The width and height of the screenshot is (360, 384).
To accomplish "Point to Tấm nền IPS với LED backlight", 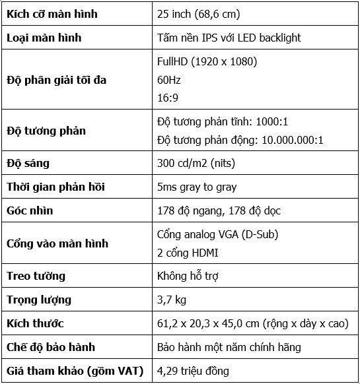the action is pyautogui.click(x=229, y=38).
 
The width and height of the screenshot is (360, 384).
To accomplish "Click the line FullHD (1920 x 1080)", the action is pyautogui.click(x=207, y=62).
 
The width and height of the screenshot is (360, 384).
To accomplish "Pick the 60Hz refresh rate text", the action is pyautogui.click(x=169, y=80).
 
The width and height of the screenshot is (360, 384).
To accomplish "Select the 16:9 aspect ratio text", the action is pyautogui.click(x=168, y=98).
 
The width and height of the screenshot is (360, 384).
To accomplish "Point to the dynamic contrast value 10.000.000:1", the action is pyautogui.click(x=291, y=140).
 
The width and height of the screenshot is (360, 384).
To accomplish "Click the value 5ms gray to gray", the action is pyautogui.click(x=197, y=187).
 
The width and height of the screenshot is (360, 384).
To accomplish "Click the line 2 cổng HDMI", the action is pyautogui.click(x=188, y=253).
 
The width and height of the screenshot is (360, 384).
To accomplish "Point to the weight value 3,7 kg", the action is pyautogui.click(x=172, y=300).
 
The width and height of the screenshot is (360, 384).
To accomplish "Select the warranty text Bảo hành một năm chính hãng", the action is pyautogui.click(x=229, y=347).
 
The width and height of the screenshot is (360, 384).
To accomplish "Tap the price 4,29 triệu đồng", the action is pyautogui.click(x=198, y=371).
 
